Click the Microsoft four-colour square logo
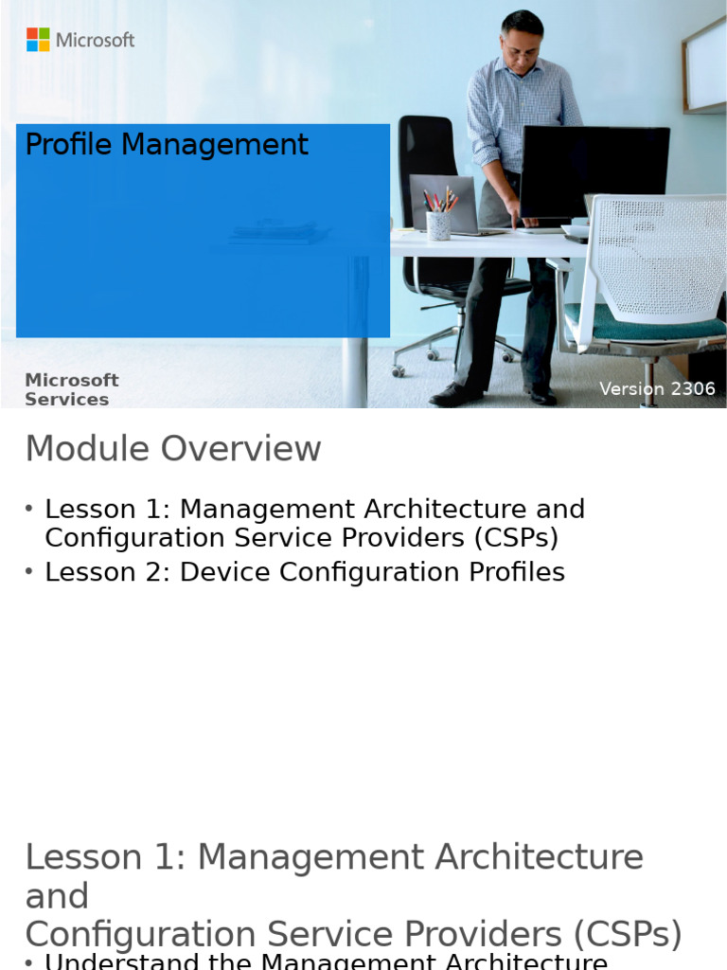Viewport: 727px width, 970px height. [38, 40]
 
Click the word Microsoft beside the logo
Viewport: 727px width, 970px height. [96, 40]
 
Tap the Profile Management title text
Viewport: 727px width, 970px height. [167, 145]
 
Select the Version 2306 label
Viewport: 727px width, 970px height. [657, 389]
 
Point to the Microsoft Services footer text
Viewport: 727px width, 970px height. [71, 389]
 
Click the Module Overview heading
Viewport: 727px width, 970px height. [173, 449]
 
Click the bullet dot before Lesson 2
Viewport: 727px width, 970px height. [30, 571]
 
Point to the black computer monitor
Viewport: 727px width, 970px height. [594, 171]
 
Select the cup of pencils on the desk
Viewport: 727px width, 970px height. [438, 223]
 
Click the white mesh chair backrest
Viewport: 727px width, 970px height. [662, 256]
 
